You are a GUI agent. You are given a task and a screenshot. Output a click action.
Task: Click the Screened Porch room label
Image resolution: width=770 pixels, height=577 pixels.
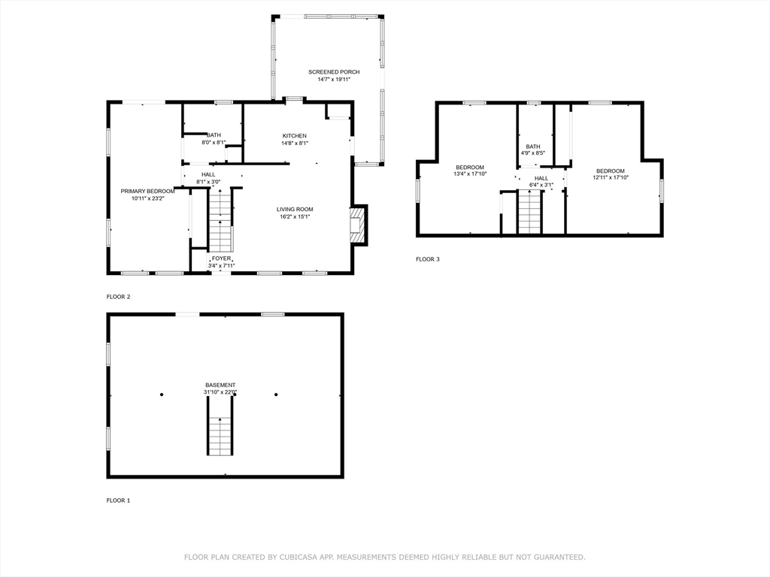[334, 72]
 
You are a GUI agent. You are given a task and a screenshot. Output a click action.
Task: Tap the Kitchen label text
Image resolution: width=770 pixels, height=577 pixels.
[295, 136]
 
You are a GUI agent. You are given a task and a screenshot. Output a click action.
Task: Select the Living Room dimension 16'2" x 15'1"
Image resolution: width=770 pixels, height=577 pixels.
[295, 216]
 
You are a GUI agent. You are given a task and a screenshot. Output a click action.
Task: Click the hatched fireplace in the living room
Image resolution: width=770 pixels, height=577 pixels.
[358, 225]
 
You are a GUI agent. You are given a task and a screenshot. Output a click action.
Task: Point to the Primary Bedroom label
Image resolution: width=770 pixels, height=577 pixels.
[147, 192]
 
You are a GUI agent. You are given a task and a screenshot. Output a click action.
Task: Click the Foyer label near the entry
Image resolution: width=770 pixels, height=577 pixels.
[222, 258]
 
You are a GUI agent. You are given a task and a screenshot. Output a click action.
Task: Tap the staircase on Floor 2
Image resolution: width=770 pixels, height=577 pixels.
[220, 220]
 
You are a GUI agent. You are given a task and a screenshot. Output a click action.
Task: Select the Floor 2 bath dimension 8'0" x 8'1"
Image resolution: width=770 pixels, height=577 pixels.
[214, 143]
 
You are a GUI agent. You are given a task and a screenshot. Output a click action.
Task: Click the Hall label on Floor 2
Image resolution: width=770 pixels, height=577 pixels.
[208, 174]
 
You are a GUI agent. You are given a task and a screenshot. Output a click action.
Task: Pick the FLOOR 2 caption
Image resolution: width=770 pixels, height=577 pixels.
[118, 297]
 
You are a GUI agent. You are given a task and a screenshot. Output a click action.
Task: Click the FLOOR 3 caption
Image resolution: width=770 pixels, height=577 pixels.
[428, 259]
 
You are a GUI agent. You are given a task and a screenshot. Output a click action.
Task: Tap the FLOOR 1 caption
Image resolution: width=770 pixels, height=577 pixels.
[118, 500]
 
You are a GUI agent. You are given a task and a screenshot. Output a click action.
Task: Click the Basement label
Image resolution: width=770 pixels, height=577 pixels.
[220, 385]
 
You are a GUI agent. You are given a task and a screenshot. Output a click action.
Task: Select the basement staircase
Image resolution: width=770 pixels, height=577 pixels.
[220, 426]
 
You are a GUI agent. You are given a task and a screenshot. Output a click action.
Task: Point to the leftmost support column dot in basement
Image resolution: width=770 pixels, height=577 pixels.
[162, 394]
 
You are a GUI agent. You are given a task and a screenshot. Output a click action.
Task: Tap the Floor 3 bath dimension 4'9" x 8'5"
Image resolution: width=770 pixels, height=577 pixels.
[533, 153]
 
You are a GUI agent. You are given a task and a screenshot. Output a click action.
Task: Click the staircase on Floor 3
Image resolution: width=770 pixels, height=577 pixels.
[529, 212]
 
